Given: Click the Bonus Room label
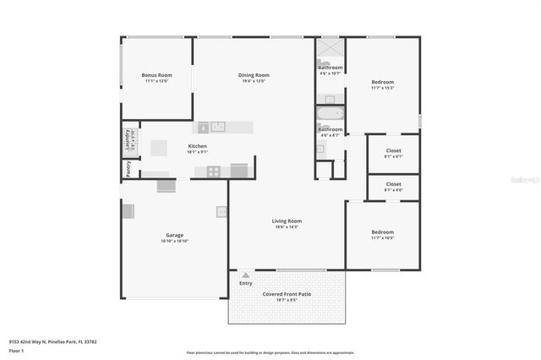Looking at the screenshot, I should (156, 75).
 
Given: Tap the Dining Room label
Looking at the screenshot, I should (254, 75).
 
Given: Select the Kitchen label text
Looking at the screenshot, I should (197, 146).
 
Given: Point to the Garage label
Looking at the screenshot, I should (174, 235).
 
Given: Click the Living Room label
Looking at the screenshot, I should (287, 221).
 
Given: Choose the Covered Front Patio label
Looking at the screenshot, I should (287, 293).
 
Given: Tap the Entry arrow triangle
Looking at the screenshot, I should (245, 275).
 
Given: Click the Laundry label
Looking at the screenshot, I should (128, 139).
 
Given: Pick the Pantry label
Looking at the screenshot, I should (128, 168).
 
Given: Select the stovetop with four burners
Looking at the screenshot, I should (214, 171).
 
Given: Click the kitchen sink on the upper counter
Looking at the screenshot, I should (218, 127).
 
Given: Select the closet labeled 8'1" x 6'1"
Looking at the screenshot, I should (393, 153).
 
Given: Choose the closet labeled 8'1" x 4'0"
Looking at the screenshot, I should (393, 186).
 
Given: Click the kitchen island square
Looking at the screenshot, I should (160, 147).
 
